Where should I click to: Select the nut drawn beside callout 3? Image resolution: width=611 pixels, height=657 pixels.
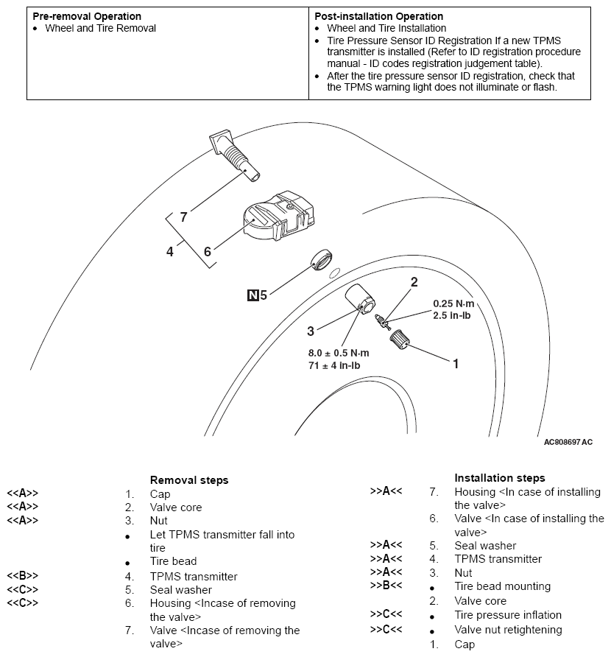361,298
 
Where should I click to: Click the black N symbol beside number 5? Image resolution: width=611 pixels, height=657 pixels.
253,295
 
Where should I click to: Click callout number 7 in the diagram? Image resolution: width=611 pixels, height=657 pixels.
183,217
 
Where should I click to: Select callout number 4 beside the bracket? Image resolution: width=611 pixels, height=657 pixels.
170,251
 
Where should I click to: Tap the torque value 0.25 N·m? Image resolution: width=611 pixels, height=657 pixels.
454,303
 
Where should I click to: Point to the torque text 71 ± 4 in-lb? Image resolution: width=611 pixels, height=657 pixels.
339,365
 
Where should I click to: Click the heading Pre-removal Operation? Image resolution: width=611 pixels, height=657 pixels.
87,16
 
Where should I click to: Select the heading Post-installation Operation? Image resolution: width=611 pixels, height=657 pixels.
378,16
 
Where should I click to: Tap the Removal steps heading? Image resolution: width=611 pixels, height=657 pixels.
189,480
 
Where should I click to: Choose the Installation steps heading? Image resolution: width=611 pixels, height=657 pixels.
500,477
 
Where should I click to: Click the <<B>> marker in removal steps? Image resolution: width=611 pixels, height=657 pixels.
22,577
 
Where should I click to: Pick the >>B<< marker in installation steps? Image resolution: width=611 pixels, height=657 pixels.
386,586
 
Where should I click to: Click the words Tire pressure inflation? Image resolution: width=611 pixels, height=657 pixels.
508,615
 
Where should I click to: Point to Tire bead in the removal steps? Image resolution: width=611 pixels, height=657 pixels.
173,561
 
